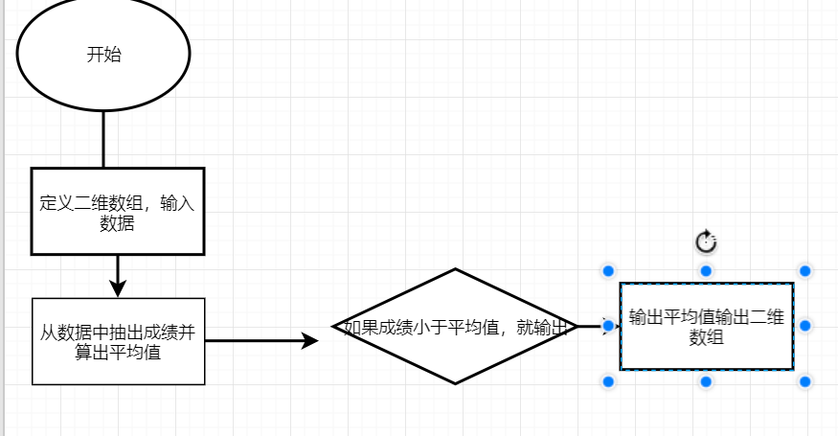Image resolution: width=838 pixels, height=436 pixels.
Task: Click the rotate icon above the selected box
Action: (706, 241)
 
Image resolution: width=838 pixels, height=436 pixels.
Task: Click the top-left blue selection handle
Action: (607, 271)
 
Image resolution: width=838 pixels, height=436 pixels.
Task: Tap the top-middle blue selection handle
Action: (706, 271)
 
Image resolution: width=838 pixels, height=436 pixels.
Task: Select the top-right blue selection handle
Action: (804, 271)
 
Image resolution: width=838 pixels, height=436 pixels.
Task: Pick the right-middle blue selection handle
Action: (804, 326)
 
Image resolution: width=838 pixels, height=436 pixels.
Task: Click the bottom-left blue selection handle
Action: (607, 381)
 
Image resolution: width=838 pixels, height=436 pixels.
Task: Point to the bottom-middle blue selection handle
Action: (706, 381)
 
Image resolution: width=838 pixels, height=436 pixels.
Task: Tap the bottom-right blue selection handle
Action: (804, 381)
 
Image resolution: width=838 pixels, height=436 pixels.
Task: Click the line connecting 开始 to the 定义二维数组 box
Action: (103, 139)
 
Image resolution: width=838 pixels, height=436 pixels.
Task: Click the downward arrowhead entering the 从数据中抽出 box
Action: (118, 287)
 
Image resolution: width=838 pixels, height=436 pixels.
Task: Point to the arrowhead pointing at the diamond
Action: (309, 340)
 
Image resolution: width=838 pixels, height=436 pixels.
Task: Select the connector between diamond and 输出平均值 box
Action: (589, 326)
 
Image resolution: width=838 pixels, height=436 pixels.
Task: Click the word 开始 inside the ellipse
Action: (103, 55)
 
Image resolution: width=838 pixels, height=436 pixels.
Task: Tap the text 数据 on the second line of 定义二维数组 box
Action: (117, 224)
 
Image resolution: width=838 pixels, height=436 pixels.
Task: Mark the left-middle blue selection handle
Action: (607, 326)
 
